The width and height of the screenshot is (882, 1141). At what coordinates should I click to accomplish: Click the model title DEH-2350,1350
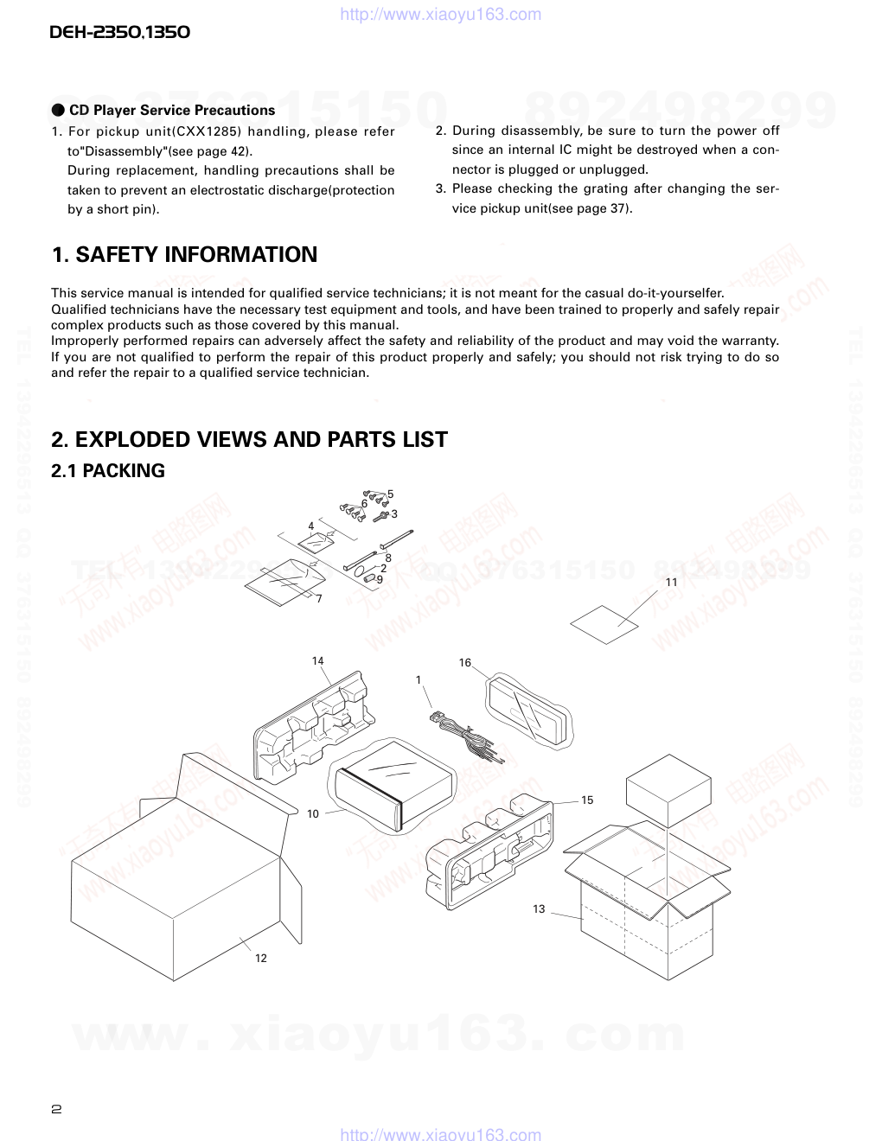point(119,33)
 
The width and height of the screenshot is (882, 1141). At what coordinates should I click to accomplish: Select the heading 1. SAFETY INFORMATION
point(184,255)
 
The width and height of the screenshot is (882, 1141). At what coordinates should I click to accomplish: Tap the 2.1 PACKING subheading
point(108,471)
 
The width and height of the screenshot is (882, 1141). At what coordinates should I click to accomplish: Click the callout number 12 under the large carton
point(261,958)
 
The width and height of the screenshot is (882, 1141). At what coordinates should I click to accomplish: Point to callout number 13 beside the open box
point(539,908)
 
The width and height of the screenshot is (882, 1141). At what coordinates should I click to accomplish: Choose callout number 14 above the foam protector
point(317,661)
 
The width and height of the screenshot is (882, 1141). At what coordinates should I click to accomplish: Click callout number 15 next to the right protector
point(587,800)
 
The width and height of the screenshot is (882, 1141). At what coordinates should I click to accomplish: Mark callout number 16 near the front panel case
point(465,663)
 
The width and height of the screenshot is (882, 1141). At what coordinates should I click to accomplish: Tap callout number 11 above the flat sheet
point(672,583)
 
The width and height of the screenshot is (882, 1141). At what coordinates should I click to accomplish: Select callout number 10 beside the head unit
point(313,813)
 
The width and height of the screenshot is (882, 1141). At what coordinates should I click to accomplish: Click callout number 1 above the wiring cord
point(419,680)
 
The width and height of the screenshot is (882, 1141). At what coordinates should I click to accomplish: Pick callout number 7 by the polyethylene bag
point(318,599)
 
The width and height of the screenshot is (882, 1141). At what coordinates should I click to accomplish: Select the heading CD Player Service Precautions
point(171,111)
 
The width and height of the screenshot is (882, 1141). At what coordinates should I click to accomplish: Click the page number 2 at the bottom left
point(56,1110)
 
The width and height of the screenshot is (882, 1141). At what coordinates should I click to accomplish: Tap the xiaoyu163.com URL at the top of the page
point(441,14)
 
